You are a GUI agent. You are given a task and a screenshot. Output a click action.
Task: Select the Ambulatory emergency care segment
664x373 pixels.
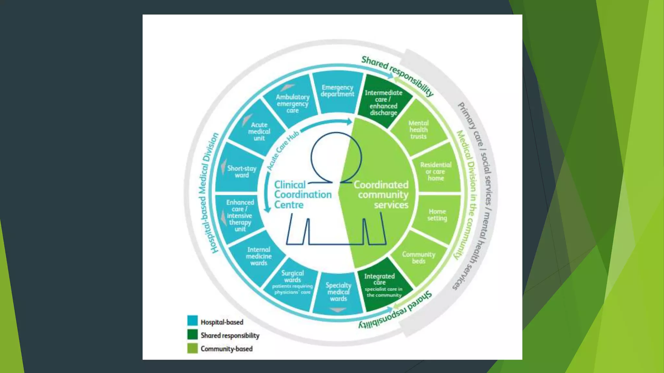pyautogui.click(x=292, y=103)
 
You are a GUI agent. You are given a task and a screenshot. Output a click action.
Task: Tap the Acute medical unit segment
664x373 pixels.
pyautogui.click(x=259, y=131)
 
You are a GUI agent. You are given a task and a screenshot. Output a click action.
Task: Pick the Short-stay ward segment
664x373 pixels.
pyautogui.click(x=242, y=171)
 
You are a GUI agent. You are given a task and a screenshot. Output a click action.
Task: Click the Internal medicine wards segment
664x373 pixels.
pyautogui.click(x=259, y=256)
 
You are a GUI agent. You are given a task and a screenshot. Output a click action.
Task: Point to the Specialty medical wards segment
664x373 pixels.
pyautogui.click(x=338, y=292)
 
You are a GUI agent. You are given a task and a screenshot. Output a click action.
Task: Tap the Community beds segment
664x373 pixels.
pyautogui.click(x=419, y=257)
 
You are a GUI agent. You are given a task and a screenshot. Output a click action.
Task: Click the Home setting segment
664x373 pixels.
pyautogui.click(x=437, y=215)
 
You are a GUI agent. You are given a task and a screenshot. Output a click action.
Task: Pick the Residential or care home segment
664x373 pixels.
pyautogui.click(x=436, y=171)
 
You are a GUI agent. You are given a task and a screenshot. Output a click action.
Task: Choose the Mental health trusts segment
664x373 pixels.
pyautogui.click(x=419, y=130)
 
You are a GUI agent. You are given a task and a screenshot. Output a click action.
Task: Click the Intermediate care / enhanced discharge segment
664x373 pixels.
pyautogui.click(x=384, y=102)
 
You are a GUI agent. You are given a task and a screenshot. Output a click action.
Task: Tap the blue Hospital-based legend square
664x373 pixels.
pyautogui.click(x=193, y=321)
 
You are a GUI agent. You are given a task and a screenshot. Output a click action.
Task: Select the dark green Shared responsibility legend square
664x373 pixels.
pyautogui.click(x=193, y=334)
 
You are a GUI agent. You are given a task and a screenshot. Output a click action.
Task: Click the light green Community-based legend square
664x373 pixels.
pyautogui.click(x=193, y=348)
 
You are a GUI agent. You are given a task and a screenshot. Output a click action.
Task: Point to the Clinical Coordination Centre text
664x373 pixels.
pyautogui.click(x=302, y=194)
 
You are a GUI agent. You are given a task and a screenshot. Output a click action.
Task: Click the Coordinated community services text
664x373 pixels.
pyautogui.click(x=382, y=194)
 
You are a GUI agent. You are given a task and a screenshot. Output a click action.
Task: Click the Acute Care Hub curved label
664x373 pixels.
pyautogui.click(x=282, y=151)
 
